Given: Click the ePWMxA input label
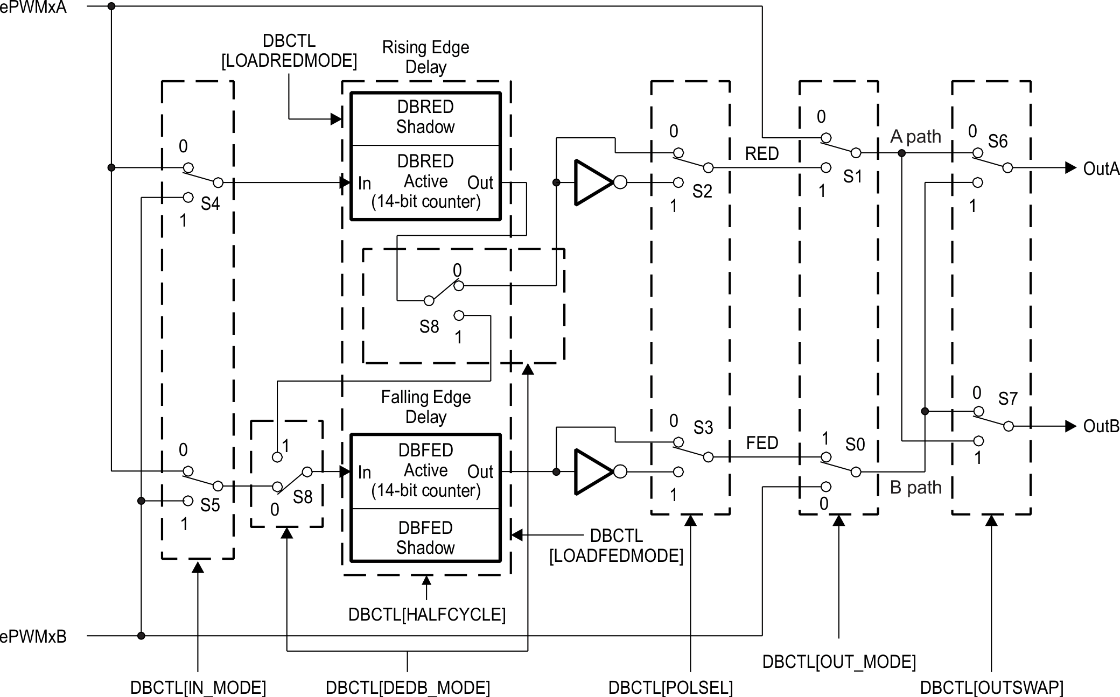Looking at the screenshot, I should click(x=33, y=7).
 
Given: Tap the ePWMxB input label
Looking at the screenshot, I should click(x=33, y=637).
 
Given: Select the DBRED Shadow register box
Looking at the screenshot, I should click(x=425, y=117).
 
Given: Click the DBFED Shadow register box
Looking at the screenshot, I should click(x=425, y=537).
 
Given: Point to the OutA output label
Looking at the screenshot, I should click(x=1101, y=168).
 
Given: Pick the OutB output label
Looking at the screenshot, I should click(x=1101, y=426).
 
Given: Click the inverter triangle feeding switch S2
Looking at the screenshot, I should click(x=593, y=182).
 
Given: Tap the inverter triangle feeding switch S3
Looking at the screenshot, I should click(x=593, y=472).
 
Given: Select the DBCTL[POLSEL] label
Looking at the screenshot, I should click(x=670, y=687).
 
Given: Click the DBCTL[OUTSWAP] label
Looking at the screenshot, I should click(x=991, y=687).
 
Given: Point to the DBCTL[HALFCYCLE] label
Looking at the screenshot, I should click(x=426, y=615).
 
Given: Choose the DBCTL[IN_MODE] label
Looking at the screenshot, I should click(x=198, y=687).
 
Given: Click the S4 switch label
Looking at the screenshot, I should click(x=210, y=204).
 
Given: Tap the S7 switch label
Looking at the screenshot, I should click(x=1007, y=399).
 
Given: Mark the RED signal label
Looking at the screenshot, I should click(x=762, y=154).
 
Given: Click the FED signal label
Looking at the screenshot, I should click(x=762, y=443).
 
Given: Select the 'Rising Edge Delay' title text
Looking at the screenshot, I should click(x=425, y=57).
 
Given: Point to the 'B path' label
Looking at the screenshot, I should click(x=915, y=488).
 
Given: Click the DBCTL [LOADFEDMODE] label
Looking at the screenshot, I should click(x=616, y=546).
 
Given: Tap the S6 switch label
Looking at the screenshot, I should click(x=997, y=142).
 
